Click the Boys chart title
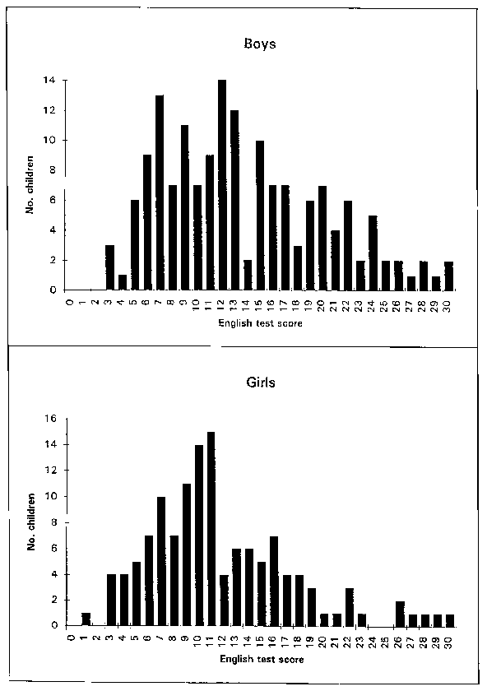260,44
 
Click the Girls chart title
261,382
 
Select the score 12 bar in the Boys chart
222,185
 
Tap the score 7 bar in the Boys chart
160,192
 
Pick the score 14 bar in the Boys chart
248,275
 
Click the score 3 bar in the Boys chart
109,267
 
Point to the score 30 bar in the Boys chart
448,276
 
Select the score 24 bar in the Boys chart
373,253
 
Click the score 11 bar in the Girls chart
211,529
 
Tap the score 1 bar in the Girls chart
86,619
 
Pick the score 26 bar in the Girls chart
400,614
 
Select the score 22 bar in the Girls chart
350,607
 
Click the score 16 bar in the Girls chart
274,582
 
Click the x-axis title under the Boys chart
261,323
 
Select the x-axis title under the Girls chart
262,659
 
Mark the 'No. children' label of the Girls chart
31,522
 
